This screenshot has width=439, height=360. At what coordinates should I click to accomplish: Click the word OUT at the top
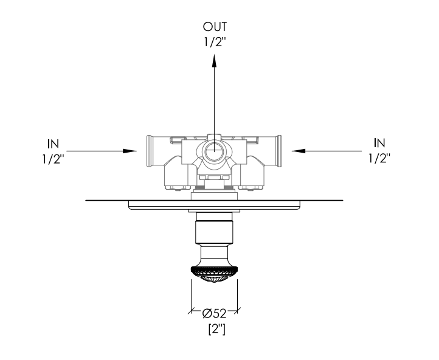click(x=215, y=27)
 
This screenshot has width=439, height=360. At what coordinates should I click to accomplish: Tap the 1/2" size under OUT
click(x=215, y=43)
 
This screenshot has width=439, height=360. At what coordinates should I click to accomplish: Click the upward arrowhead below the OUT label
click(x=215, y=60)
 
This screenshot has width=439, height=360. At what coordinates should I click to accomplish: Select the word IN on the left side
click(x=53, y=144)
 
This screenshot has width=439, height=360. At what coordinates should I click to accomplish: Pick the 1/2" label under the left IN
click(x=53, y=159)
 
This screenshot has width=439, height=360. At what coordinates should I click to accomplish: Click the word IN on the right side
click(x=379, y=143)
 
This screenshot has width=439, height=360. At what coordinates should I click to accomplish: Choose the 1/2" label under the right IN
click(x=379, y=158)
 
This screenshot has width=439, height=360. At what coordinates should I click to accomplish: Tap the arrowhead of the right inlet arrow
click(x=299, y=151)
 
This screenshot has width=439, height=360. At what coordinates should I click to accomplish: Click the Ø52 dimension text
click(x=214, y=314)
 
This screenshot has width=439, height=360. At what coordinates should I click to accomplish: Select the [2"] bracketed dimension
click(x=216, y=329)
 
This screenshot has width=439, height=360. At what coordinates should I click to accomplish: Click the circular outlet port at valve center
click(x=214, y=151)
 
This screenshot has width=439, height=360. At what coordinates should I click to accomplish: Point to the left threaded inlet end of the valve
click(x=150, y=151)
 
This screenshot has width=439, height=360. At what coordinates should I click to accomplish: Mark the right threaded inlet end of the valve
click(x=278, y=151)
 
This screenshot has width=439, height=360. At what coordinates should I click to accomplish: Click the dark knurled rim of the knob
click(x=214, y=271)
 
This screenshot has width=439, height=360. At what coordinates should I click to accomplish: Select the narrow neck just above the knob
click(x=214, y=254)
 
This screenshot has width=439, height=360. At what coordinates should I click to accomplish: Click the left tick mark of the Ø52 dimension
click(x=191, y=311)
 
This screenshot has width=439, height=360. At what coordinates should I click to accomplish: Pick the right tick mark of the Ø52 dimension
click(x=237, y=311)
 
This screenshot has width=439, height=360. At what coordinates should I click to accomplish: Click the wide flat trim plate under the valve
click(x=214, y=205)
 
